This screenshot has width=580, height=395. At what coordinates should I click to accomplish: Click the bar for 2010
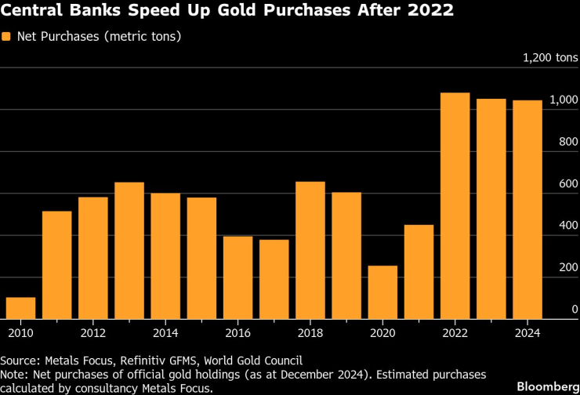20,308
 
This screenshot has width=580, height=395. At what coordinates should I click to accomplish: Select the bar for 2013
129,251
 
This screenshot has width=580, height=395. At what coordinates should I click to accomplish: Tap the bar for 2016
238,277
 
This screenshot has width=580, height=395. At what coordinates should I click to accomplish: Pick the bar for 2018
310,250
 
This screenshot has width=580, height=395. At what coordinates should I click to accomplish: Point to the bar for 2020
382,292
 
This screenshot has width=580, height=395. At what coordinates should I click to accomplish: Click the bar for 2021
419,272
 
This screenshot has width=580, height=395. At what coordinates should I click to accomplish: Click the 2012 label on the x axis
93,332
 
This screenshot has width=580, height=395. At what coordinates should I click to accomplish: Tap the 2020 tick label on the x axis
382,332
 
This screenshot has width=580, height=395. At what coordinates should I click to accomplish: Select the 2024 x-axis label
527,332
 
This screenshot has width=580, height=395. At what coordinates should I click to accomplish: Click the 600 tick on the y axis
569,183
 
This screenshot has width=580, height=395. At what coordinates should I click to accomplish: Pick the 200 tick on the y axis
569,267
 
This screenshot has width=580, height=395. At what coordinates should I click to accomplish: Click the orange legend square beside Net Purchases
7,37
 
